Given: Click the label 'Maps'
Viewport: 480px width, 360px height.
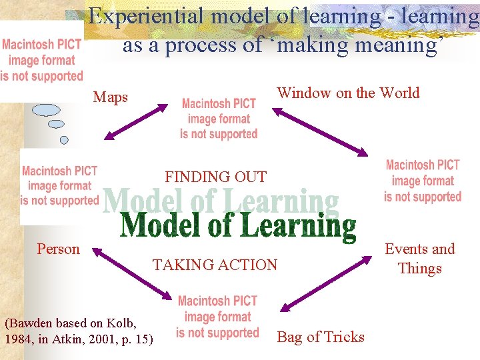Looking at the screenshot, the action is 111,97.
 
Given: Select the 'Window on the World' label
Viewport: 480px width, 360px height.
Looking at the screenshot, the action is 348,93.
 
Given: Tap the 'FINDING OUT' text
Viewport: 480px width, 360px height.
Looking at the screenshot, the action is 215,177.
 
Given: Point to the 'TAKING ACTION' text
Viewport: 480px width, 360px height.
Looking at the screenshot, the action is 215,265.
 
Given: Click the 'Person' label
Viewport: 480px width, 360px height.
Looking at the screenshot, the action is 58,249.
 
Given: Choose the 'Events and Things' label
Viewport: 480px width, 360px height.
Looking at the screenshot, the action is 420,259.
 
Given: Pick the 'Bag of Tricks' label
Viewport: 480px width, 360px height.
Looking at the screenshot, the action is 321,337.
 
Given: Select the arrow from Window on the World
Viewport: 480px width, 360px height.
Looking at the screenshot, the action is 320,130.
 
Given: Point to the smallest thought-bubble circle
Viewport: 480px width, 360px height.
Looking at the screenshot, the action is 64,140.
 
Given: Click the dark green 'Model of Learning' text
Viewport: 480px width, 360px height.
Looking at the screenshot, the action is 238,226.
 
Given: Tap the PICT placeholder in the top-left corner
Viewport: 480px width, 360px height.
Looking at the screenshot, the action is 42,61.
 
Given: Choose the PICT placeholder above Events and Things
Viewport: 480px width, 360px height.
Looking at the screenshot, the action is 423,180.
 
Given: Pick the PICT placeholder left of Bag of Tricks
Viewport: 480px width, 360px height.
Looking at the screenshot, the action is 217,317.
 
